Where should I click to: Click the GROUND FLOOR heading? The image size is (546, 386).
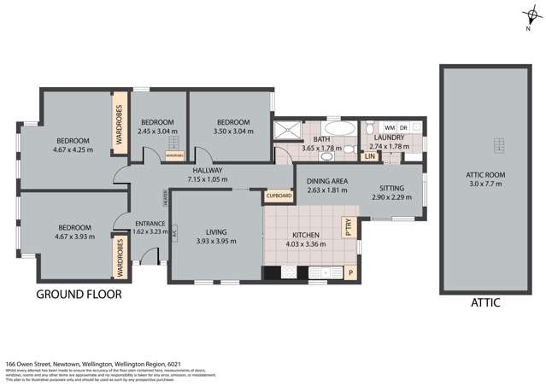pos(79,295)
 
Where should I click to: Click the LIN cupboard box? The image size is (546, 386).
pos(370,156)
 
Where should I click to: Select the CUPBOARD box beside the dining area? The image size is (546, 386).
pos(279,196)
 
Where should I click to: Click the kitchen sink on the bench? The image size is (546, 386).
pos(317,273)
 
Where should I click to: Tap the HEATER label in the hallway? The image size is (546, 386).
pos(165,199)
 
